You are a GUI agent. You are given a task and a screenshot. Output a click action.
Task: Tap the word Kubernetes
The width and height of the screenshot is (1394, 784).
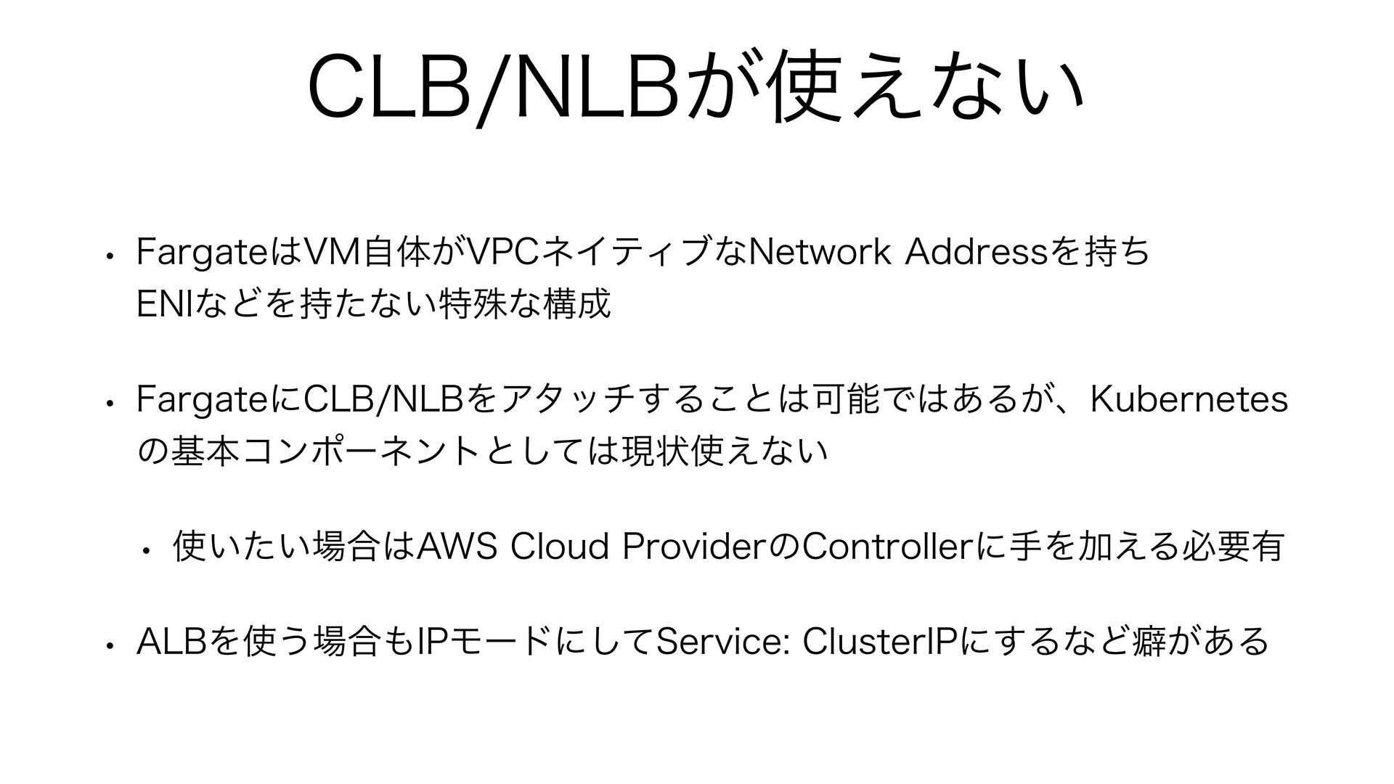point(1190,399)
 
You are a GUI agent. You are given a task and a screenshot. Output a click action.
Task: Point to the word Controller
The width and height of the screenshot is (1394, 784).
point(881,546)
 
